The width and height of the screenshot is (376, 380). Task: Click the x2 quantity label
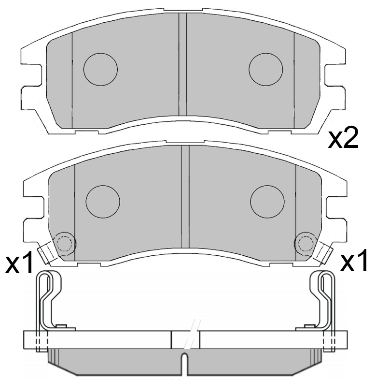click(x=343, y=139)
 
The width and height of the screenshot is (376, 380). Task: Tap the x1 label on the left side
click(x=19, y=263)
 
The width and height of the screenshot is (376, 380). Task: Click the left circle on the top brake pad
click(x=100, y=69)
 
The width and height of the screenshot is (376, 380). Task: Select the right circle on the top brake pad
click(x=265, y=69)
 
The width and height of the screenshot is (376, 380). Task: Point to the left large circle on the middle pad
click(x=103, y=202)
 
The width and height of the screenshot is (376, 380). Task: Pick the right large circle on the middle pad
click(x=267, y=202)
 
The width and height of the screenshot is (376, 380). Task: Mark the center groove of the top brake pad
click(x=182, y=65)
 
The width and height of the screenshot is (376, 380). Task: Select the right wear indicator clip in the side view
click(x=324, y=300)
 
